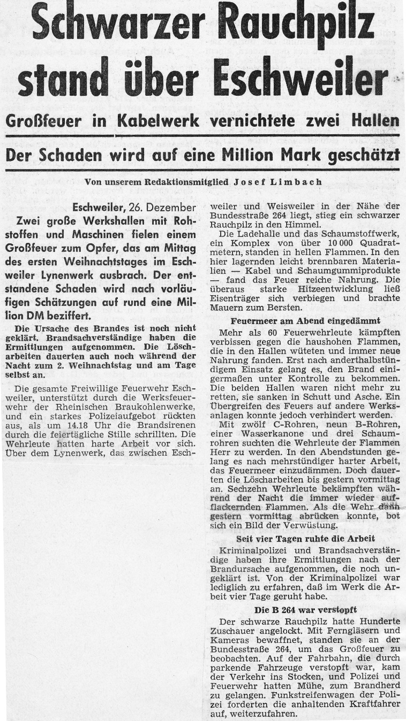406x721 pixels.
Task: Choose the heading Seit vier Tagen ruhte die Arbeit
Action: click(x=305, y=538)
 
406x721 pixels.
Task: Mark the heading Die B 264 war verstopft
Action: click(x=305, y=610)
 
